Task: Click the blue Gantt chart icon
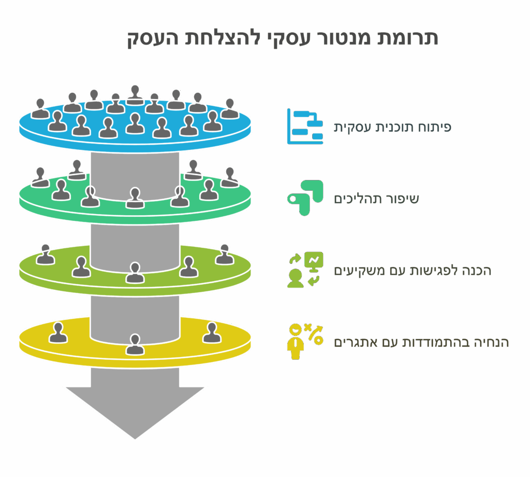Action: (305, 127)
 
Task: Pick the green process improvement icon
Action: (305, 198)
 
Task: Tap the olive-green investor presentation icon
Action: (305, 270)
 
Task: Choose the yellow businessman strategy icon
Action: (305, 342)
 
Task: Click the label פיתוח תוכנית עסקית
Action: (392, 128)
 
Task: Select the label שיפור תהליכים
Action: (376, 199)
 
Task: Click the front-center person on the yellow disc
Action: (135, 344)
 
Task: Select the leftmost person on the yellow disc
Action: (58, 332)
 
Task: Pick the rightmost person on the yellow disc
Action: (212, 332)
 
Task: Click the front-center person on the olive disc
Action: (135, 272)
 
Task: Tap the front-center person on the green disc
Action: (135, 198)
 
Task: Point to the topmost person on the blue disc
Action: (135, 95)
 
